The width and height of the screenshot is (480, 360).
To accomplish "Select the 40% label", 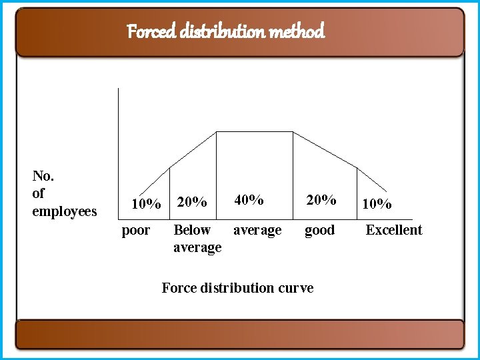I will pos(249,199).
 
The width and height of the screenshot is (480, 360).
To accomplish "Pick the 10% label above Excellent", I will pos(377,204).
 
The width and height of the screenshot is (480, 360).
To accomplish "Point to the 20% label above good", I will pos(321,199).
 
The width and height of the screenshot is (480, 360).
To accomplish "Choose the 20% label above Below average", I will pos(193,201).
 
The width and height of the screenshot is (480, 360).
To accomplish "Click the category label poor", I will pos(136,231).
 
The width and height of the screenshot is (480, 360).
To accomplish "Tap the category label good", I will pos(319,231).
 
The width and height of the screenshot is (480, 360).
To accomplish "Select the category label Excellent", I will pos(393,230).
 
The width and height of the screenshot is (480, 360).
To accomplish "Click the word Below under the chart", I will pos(191,230).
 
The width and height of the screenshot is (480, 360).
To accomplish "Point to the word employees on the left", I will pos(65,212).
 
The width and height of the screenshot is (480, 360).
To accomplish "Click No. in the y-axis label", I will pos(43,176).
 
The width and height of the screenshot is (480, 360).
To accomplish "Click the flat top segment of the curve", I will pos(255,132).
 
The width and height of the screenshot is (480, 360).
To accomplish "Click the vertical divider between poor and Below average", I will pos(170,193).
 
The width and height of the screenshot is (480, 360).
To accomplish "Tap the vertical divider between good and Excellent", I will pos(357,193).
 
